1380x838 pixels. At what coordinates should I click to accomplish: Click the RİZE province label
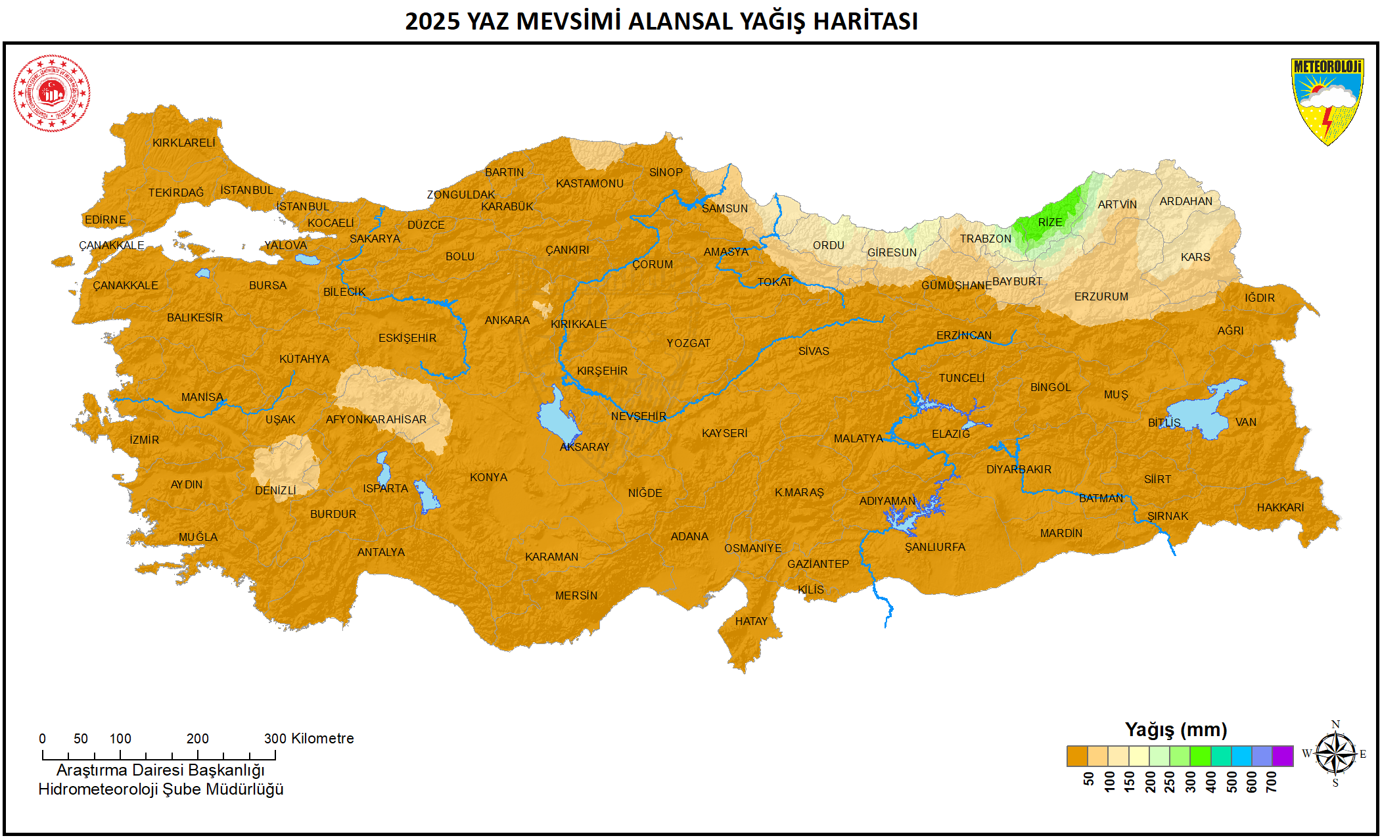tap(1049, 222)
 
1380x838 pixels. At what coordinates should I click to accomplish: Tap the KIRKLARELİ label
tap(183, 143)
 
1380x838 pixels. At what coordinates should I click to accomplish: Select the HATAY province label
tap(751, 621)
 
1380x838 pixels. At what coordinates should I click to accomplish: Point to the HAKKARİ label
tap(1280, 507)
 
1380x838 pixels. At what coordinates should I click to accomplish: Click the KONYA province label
tap(488, 477)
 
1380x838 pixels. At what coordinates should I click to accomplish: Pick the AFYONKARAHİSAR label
tap(376, 419)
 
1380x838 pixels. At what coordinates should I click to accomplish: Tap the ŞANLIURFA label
tap(934, 547)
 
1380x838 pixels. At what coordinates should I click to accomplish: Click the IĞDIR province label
tap(1259, 298)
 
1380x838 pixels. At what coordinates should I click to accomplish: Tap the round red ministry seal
tap(52, 93)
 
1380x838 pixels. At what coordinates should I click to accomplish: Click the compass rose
tap(1335, 753)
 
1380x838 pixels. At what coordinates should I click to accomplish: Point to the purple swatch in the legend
tap(1282, 757)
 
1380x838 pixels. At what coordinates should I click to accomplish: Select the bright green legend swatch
tap(1200, 757)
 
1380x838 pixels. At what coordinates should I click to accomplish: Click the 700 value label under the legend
tap(1272, 781)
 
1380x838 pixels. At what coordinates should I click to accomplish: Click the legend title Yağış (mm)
tap(1176, 730)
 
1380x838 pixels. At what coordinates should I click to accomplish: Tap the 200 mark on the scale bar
tap(197, 739)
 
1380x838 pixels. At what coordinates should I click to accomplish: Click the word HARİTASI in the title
tap(865, 21)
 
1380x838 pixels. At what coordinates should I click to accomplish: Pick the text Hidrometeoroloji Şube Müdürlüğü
tap(160, 789)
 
